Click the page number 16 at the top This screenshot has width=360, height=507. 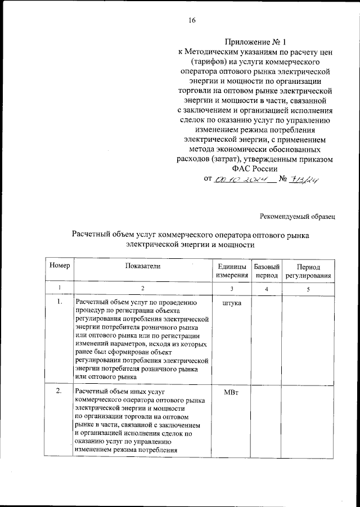click(192, 21)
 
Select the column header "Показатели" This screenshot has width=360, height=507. click(142, 266)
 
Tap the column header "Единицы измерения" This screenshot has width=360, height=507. click(231, 270)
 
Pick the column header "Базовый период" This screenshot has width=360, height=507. click(267, 270)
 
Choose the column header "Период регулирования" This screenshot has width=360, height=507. click(308, 270)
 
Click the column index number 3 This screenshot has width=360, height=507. click(231, 289)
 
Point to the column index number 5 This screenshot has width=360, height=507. click(308, 289)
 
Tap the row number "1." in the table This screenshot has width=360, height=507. click(59, 302)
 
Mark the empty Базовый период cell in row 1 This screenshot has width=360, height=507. click(267, 338)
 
